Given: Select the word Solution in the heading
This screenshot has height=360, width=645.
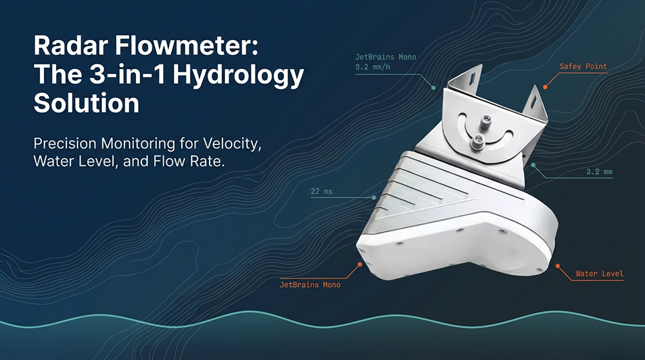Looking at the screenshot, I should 86,103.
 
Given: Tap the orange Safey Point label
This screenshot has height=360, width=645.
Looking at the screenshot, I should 583,66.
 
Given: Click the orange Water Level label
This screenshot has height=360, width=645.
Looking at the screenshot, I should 599,274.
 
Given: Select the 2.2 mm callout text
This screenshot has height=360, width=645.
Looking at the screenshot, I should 599,173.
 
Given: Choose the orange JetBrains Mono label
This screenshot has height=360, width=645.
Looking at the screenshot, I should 310,285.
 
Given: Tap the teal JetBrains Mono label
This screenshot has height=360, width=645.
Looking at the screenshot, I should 386,57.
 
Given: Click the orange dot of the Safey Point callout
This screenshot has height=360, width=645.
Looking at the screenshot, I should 545,86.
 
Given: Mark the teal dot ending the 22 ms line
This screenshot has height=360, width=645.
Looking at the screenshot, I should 374,197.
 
